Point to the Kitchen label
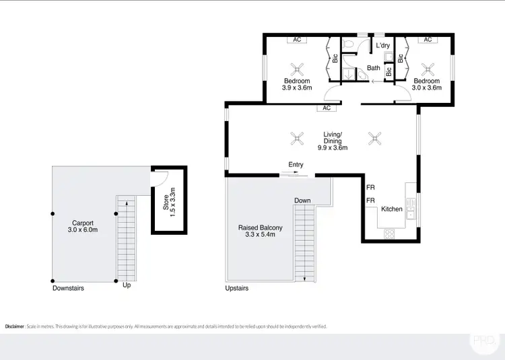coord(392,209)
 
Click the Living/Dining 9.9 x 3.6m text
coord(335,143)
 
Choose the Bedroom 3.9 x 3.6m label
coord(297,84)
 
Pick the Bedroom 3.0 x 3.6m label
coord(427,84)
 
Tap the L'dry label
coord(383,46)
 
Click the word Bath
coord(373,68)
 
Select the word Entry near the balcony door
coord(296,165)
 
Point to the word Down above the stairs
coord(302,201)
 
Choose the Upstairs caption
coord(237,288)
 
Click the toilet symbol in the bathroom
coord(348,45)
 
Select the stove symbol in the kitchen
coord(390,234)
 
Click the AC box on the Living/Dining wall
coord(327,108)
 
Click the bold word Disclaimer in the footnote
coord(14,326)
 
